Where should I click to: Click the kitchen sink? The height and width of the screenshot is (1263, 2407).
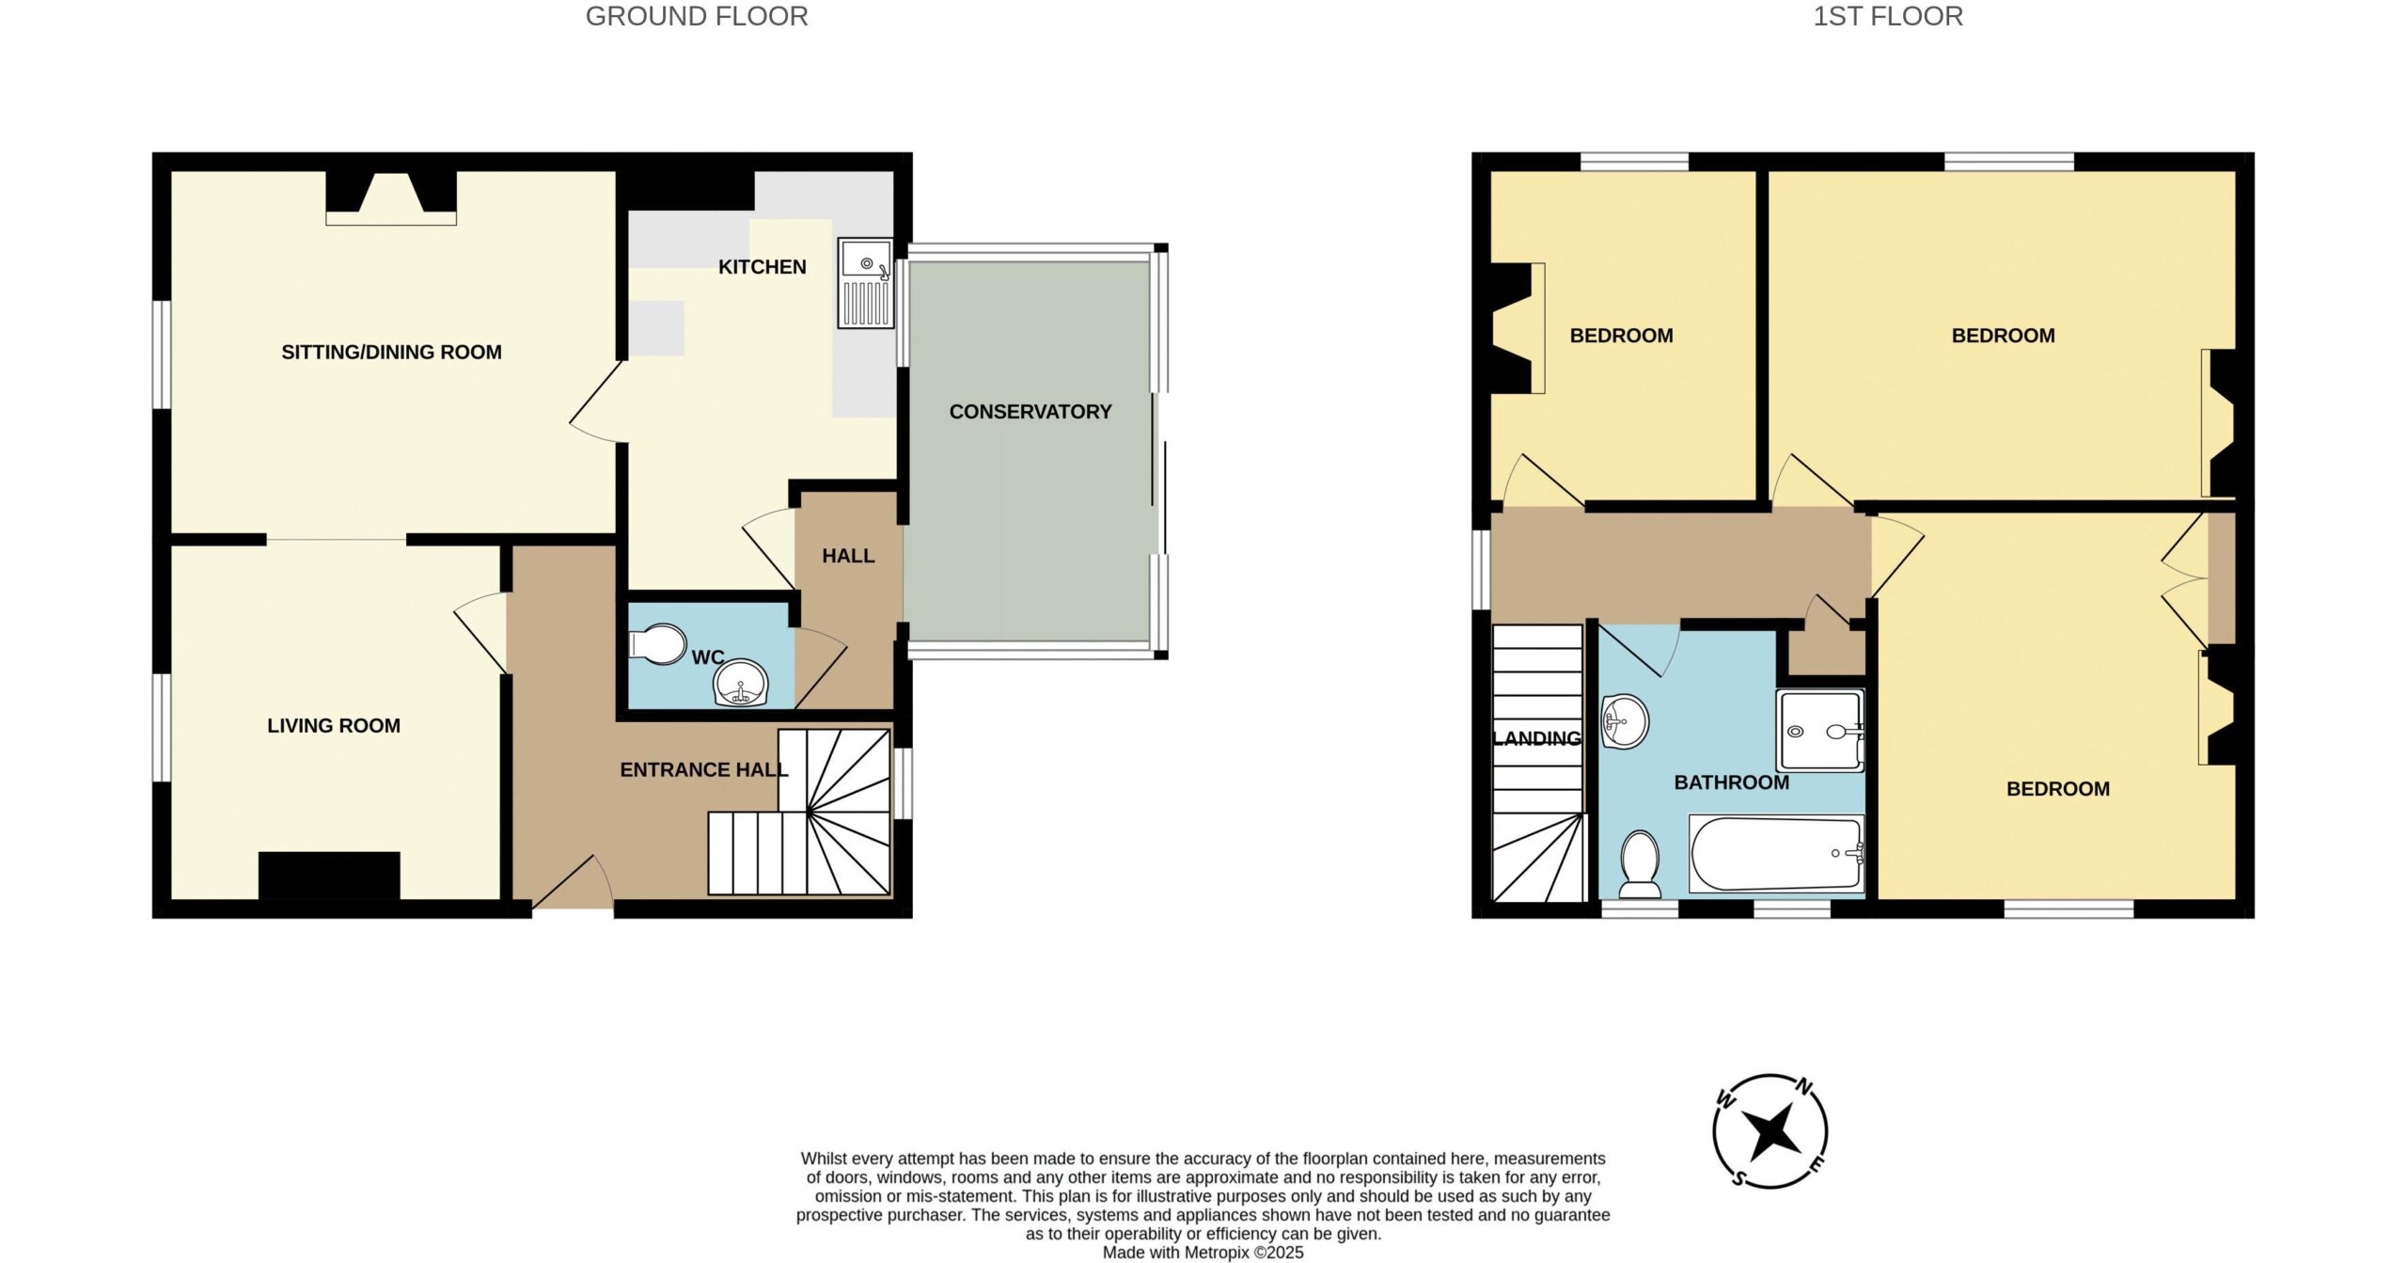click(x=865, y=283)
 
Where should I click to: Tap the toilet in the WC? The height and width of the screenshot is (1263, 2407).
click(x=657, y=644)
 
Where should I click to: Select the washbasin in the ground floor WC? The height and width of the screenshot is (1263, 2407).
click(x=740, y=682)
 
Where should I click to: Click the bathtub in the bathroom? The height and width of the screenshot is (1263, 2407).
click(x=1776, y=853)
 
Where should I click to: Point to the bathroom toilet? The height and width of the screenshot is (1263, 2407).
click(x=1641, y=863)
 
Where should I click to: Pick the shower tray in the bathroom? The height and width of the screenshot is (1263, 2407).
click(x=1819, y=731)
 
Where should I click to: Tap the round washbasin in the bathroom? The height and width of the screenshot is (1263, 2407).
click(x=1625, y=721)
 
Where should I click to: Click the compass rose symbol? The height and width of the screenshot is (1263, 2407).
click(x=1770, y=1131)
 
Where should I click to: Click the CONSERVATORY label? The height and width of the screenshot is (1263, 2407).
click(x=1030, y=412)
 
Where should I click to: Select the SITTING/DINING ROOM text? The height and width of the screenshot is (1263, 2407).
click(x=391, y=353)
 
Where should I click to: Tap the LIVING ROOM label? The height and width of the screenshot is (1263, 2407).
click(x=334, y=726)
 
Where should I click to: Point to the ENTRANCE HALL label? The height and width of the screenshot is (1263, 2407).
click(x=704, y=770)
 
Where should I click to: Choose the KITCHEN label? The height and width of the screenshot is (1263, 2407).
click(x=763, y=267)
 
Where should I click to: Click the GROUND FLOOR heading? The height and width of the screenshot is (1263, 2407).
click(x=697, y=17)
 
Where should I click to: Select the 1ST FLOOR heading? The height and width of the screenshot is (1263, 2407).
click(x=1888, y=17)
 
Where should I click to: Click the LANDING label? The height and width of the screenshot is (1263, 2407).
click(x=1537, y=739)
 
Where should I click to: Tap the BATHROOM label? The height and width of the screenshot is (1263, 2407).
click(x=1732, y=782)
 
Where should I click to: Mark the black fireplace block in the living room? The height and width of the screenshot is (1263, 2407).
click(x=329, y=876)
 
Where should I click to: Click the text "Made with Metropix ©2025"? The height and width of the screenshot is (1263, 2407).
click(x=1203, y=1253)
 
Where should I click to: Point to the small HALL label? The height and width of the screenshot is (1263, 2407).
click(x=849, y=557)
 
